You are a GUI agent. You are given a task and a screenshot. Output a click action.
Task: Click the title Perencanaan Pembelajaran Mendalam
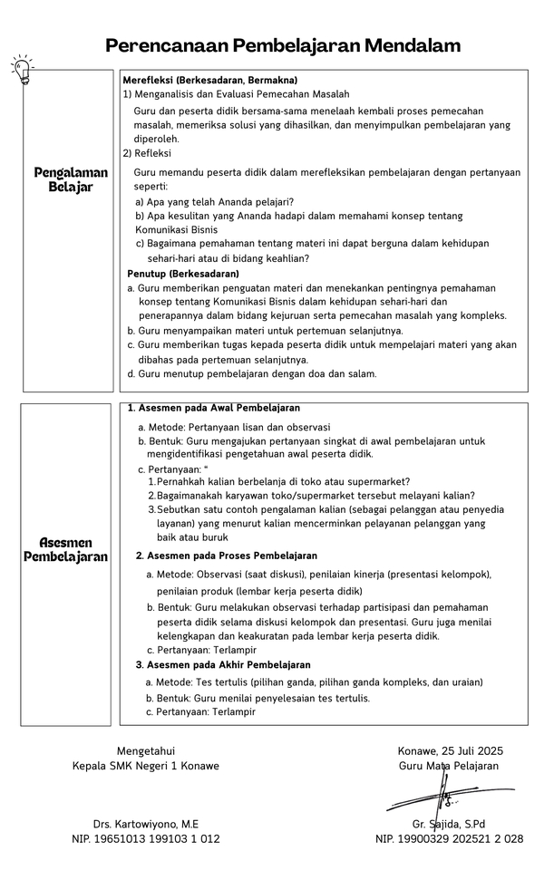coord(283,45)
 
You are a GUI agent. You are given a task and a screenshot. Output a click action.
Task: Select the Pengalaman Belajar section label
coord(71,179)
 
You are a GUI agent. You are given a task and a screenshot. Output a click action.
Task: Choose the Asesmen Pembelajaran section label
coord(65,549)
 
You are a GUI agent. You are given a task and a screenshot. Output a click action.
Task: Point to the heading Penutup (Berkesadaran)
coord(183,274)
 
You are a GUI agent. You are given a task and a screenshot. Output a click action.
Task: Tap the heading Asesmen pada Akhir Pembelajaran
coord(223,665)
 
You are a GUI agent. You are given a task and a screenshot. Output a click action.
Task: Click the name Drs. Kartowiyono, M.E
coord(146,824)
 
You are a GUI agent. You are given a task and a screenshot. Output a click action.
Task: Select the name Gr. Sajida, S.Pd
coord(449,824)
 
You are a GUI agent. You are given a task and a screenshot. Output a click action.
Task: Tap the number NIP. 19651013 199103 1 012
coord(146,839)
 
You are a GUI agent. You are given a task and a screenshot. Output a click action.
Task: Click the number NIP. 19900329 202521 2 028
coord(449,839)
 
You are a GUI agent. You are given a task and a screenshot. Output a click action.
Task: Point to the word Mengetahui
coord(146,750)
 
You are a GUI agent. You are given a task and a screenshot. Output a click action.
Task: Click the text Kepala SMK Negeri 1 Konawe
coord(146,766)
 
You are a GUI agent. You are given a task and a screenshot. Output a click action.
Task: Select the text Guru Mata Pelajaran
coord(449,766)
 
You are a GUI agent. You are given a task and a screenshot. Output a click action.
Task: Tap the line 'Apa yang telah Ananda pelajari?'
coord(214,201)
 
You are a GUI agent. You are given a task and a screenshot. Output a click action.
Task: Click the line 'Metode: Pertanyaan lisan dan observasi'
coord(234,426)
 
